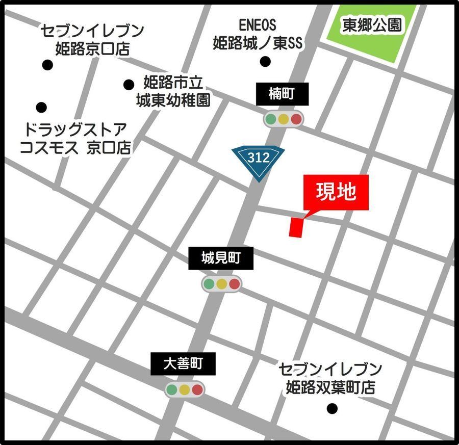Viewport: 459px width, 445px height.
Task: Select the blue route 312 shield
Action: pyautogui.click(x=258, y=160)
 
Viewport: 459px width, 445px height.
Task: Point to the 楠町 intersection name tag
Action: pyautogui.click(x=282, y=94)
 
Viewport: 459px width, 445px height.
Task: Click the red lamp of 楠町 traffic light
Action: pyautogui.click(x=296, y=119)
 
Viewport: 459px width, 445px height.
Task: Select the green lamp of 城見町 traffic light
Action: pyautogui.click(x=209, y=284)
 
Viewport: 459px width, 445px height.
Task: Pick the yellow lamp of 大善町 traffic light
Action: pyautogui.click(x=184, y=390)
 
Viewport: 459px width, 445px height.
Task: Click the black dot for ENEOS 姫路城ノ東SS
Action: pyautogui.click(x=265, y=62)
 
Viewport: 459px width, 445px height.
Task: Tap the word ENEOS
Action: pyautogui.click(x=257, y=24)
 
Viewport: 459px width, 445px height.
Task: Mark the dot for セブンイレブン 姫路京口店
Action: pyautogui.click(x=47, y=65)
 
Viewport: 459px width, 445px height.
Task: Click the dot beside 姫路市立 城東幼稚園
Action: pyautogui.click(x=129, y=84)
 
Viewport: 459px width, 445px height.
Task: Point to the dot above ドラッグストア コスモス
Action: pyautogui.click(x=41, y=108)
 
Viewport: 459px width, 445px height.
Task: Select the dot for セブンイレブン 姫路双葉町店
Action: pyautogui.click(x=332, y=408)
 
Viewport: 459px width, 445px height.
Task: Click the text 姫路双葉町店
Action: pyautogui.click(x=330, y=387)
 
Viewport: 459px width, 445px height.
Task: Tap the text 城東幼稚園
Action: pyautogui.click(x=173, y=100)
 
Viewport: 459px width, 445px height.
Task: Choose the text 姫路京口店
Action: pyautogui.click(x=92, y=49)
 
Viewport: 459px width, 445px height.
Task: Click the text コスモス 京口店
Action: pyautogui.click(x=74, y=147)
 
